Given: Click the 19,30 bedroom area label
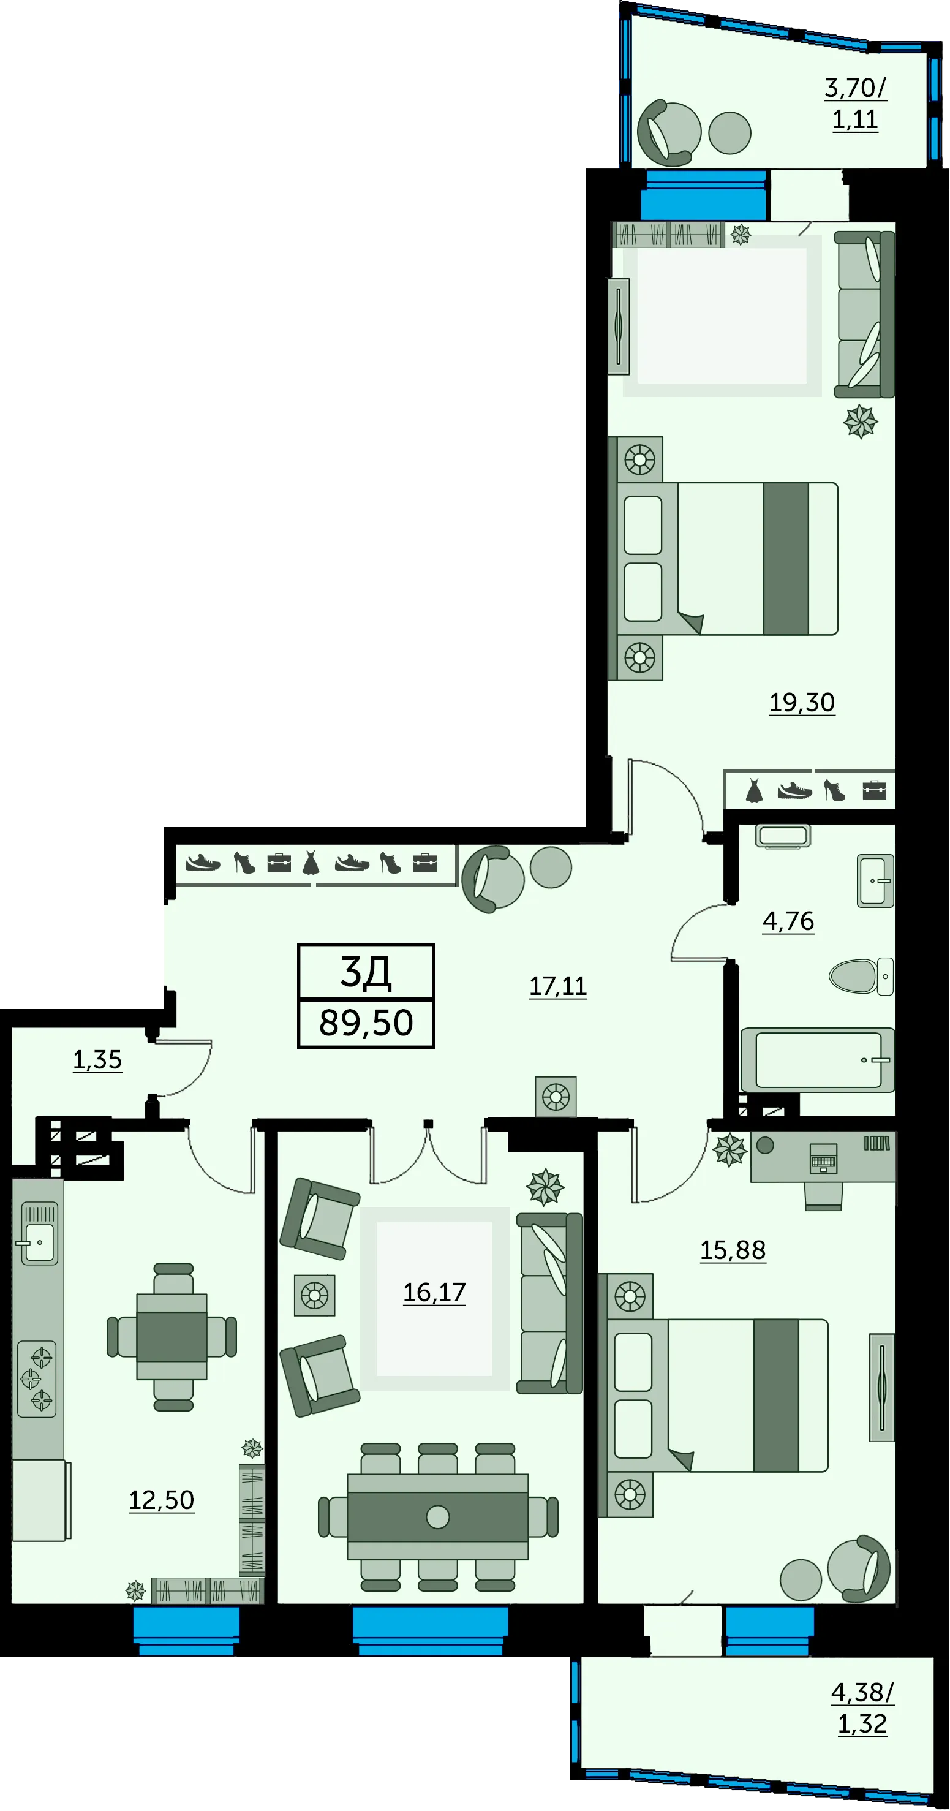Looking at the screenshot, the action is pos(802,702).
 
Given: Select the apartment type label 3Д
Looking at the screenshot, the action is pos(366,973).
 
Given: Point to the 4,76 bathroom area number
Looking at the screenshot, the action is pos(788,921).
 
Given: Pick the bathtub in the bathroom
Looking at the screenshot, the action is pos(817,1060).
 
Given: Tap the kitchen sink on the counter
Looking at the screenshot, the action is pos(39,1234).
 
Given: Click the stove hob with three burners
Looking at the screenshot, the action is pos(37,1379).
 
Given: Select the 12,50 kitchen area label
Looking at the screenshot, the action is pos(161,1500).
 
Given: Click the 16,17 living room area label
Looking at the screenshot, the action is pos(434,1292).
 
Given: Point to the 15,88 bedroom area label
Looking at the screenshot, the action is pos(733,1250).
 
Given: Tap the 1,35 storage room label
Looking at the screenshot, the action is pos(97,1059).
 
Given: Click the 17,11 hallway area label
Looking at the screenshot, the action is pos(558,986).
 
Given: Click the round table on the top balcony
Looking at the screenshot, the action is pos(730,133).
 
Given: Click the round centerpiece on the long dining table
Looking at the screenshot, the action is pos(438,1517).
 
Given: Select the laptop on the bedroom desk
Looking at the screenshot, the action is pos(824,1157).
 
